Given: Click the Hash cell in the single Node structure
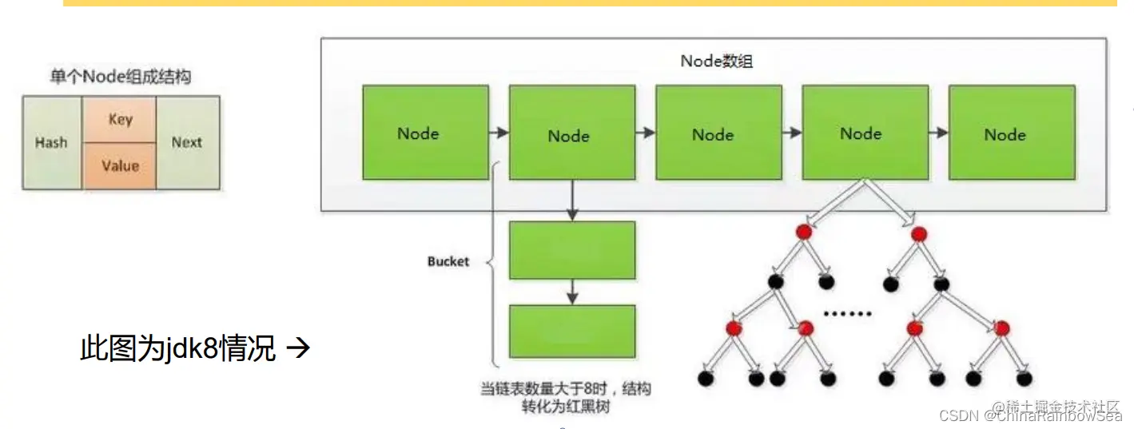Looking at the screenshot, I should pyautogui.click(x=51, y=143).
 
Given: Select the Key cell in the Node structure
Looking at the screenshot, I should pyautogui.click(x=120, y=120).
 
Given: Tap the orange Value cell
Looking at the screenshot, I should pyautogui.click(x=120, y=166).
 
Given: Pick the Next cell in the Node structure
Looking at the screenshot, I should pyautogui.click(x=187, y=143).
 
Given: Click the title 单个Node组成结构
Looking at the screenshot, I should pyautogui.click(x=120, y=77).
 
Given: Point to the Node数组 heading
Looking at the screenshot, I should pyautogui.click(x=716, y=61).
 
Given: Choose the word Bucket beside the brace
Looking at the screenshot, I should pyautogui.click(x=448, y=261).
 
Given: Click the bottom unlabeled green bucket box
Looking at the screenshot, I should pyautogui.click(x=572, y=331).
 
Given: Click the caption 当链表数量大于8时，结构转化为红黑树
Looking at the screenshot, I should pyautogui.click(x=566, y=397).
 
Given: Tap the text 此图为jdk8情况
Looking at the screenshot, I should pyautogui.click(x=177, y=349).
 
